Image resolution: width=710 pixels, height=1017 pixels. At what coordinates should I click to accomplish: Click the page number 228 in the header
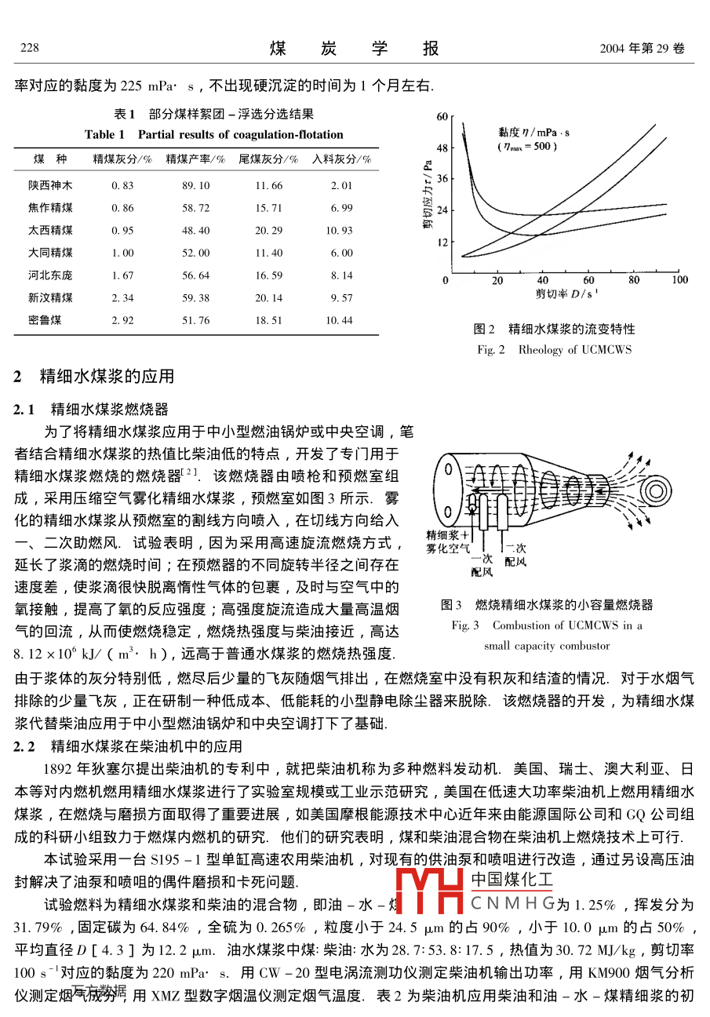pos(29,49)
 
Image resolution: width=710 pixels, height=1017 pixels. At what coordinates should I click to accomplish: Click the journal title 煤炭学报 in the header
pos(354,49)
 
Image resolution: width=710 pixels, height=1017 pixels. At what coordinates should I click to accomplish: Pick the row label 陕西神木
pos(50,186)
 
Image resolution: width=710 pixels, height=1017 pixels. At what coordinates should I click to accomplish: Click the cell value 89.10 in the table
pos(195,186)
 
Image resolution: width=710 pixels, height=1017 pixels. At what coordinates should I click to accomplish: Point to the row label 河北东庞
pos(50,275)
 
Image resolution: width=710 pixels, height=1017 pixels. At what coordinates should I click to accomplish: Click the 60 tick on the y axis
pos(441,116)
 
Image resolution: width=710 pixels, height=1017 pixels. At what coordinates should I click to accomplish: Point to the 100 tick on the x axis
pos(679,280)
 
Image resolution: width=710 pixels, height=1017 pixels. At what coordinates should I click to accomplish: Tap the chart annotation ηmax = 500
pos(527,146)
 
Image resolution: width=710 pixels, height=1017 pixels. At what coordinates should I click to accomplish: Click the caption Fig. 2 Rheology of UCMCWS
pos(554,349)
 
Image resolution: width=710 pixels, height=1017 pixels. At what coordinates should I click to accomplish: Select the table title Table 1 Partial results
pos(213,134)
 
